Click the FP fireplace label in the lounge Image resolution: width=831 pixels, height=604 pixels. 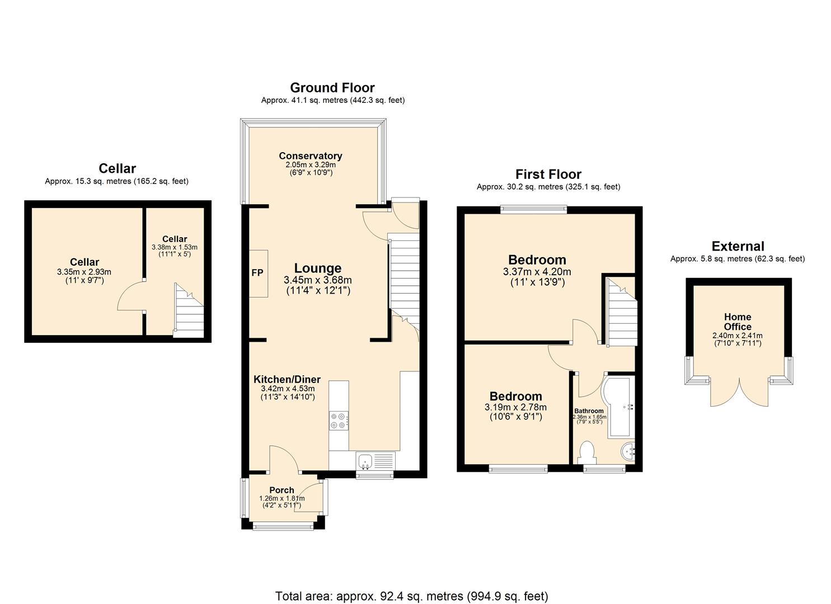[257, 273]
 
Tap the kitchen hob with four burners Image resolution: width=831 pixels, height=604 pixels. [339, 420]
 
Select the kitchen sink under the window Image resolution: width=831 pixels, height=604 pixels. [365, 461]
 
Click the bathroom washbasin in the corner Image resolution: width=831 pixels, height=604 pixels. [628, 451]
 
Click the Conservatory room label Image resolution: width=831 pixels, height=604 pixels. [311, 156]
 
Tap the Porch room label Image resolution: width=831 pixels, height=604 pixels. [281, 490]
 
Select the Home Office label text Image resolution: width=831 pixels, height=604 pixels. [738, 322]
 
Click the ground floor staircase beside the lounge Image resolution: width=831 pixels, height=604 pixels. [404, 274]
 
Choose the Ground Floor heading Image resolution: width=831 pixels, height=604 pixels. [332, 88]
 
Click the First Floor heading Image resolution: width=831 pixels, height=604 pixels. [548, 174]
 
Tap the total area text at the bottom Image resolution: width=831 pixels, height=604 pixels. [411, 596]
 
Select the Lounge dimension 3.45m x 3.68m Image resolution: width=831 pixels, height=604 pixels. [318, 280]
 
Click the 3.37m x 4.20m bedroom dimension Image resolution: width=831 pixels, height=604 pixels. [537, 272]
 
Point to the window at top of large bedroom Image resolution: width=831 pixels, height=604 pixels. [533, 210]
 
